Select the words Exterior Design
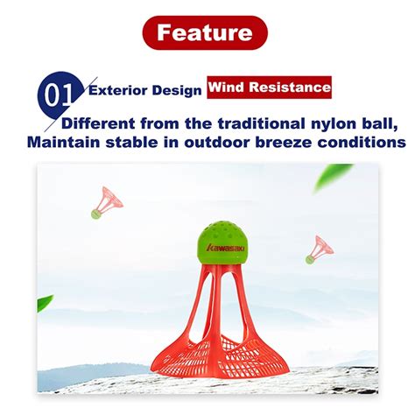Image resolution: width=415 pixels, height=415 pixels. pyautogui.click(x=144, y=88)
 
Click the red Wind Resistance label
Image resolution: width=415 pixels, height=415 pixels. pyautogui.click(x=269, y=88)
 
